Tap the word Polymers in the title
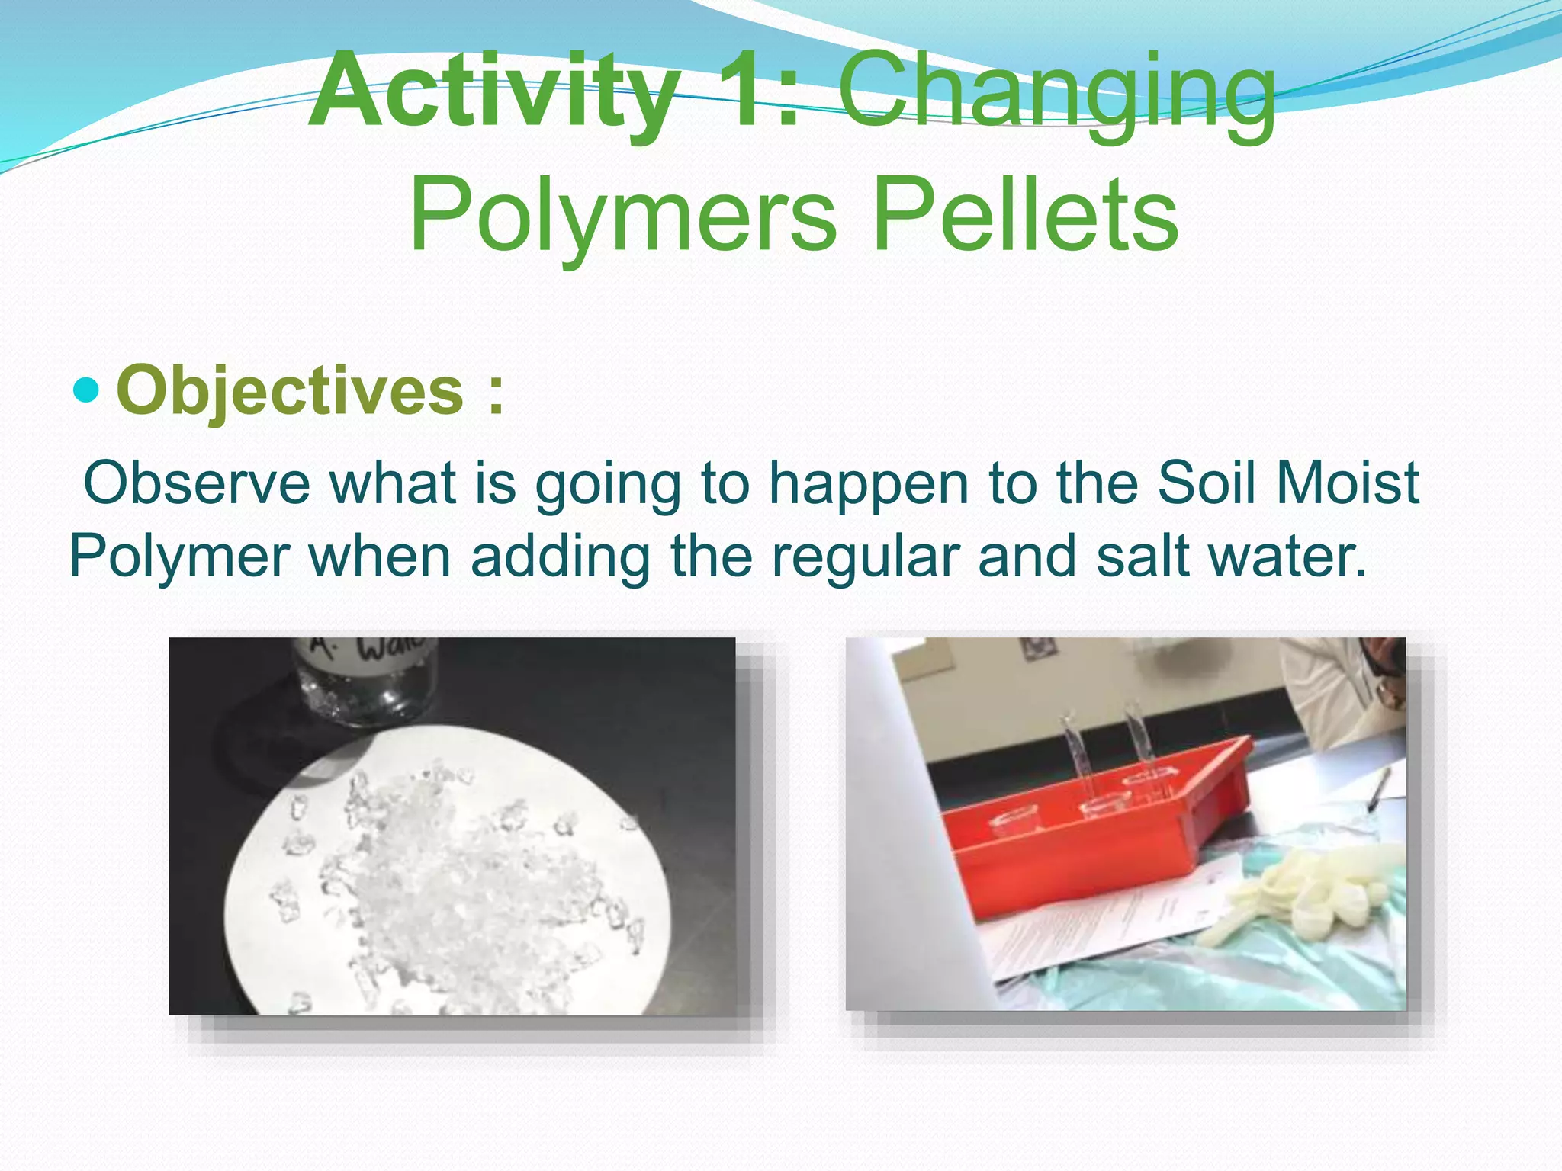(x=622, y=214)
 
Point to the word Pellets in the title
(x=1025, y=214)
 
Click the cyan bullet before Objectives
(x=86, y=390)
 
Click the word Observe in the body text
(x=197, y=483)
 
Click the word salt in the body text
(x=1143, y=557)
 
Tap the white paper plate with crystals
(x=450, y=869)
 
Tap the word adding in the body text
(x=561, y=557)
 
